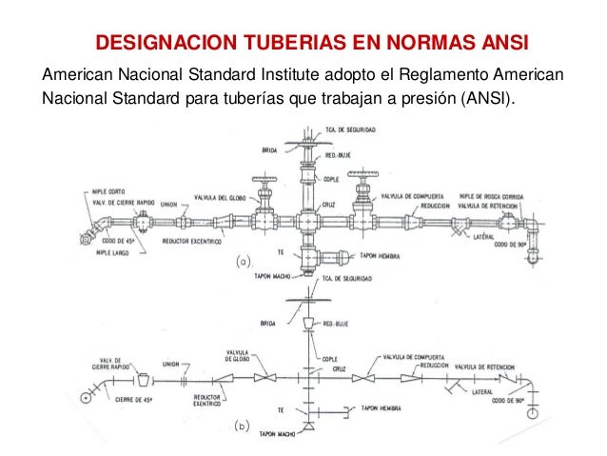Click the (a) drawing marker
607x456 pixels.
pyautogui.click(x=244, y=259)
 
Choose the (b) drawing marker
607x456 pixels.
pyautogui.click(x=244, y=429)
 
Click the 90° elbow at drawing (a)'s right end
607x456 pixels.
pyautogui.click(x=533, y=228)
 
